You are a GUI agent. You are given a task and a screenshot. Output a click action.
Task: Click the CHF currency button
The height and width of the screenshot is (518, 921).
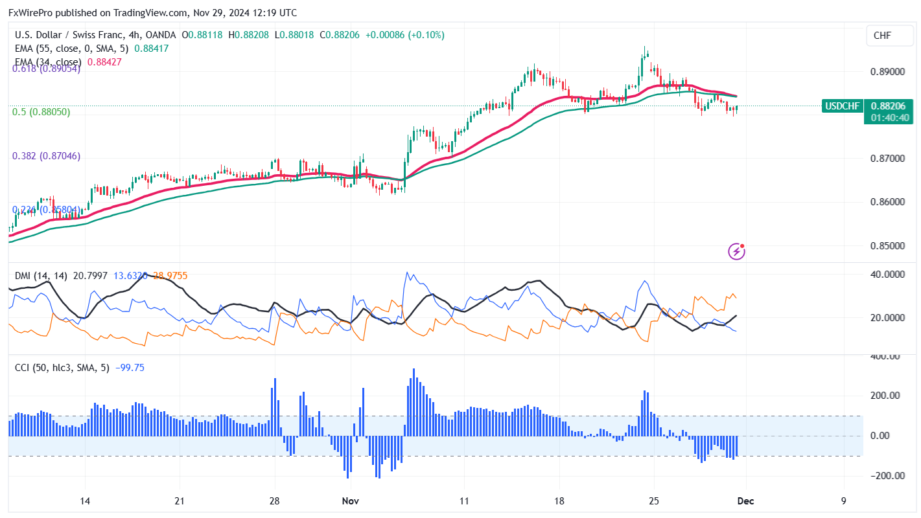point(882,36)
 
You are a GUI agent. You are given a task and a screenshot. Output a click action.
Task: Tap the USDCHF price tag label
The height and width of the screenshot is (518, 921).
point(841,106)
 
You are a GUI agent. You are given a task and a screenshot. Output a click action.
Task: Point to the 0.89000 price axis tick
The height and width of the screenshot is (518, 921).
point(887,71)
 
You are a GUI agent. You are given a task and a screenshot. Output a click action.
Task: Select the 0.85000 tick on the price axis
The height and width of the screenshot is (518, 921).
point(887,246)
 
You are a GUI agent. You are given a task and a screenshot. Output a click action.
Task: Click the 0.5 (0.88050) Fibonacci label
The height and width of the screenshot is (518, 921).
point(41,112)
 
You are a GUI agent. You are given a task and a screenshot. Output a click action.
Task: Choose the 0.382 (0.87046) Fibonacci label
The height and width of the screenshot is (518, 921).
point(47,156)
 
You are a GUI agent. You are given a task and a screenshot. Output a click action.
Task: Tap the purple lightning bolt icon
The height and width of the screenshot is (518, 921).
point(737,251)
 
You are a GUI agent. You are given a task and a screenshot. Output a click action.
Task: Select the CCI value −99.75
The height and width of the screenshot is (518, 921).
point(130,368)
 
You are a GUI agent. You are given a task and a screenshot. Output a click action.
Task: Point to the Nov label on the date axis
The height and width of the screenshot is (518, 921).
point(351,501)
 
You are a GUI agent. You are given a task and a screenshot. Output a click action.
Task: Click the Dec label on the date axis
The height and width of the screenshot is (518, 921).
point(745,501)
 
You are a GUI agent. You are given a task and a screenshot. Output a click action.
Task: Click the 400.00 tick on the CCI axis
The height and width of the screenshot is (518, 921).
point(884,356)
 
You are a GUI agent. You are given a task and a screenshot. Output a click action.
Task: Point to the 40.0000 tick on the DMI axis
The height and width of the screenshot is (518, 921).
point(886,275)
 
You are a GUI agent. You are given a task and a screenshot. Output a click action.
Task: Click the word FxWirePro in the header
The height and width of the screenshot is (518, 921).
point(30,12)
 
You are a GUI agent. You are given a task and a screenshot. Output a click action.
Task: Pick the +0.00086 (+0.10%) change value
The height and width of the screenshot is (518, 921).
point(405,35)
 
